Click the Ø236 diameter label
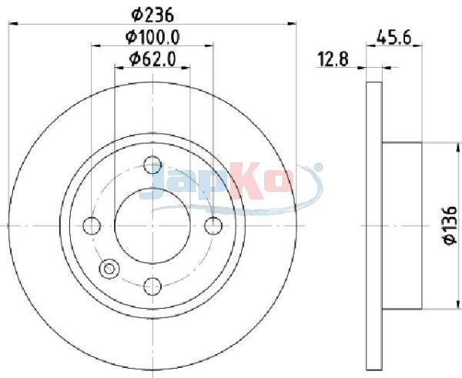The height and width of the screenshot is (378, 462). tap(152, 15)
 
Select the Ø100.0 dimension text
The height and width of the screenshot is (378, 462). tap(152, 38)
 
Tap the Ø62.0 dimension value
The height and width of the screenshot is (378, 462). tap(152, 59)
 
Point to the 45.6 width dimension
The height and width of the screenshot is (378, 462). tap(394, 38)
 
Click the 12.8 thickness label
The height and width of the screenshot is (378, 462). tap(333, 59)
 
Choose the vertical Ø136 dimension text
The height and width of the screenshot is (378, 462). tap(450, 226)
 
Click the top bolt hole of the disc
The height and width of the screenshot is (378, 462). tap(152, 165)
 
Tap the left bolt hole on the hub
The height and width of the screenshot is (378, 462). tap(92, 226)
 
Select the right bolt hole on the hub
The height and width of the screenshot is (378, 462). tap(213, 226)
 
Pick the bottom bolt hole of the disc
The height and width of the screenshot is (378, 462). tap(152, 286)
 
